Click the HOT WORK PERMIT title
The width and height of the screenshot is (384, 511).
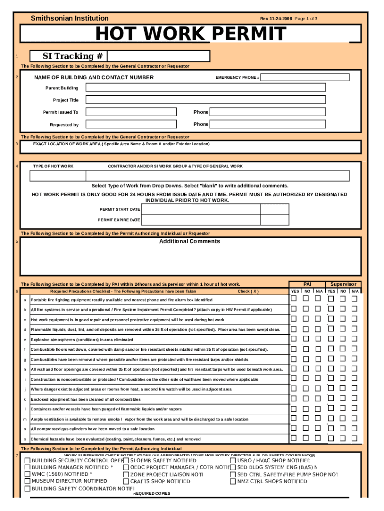(x=191, y=34)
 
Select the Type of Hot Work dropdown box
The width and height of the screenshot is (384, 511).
(x=58, y=175)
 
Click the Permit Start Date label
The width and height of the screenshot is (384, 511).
(x=120, y=209)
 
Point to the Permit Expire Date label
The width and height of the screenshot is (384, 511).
(x=119, y=220)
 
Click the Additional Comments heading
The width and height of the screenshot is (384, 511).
(x=190, y=241)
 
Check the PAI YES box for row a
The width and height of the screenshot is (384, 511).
(x=294, y=299)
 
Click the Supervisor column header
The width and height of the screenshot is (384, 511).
(x=343, y=284)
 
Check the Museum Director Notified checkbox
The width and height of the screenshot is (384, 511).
(x=27, y=481)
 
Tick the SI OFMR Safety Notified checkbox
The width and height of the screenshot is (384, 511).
(x=126, y=460)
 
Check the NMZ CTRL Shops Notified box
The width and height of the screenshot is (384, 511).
(x=233, y=481)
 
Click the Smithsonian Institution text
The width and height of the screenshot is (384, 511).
(x=70, y=18)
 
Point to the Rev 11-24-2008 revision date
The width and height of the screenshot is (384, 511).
(x=276, y=18)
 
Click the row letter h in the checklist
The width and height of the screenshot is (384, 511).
(x=25, y=369)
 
